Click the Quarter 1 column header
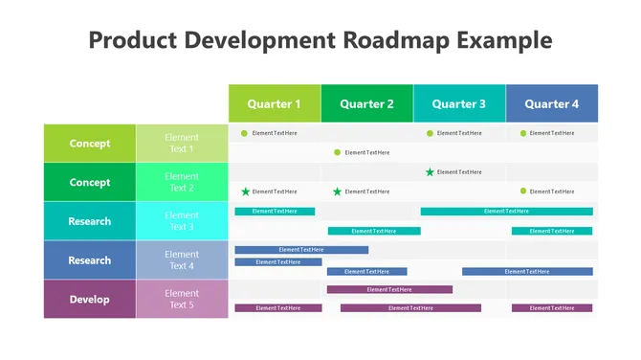pyautogui.click(x=275, y=103)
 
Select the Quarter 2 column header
pyautogui.click(x=367, y=103)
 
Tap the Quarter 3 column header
pyautogui.click(x=459, y=103)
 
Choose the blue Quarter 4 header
pyautogui.click(x=552, y=103)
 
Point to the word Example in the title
pyautogui.click(x=504, y=40)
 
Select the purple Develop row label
pyautogui.click(x=90, y=299)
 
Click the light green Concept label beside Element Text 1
pyautogui.click(x=90, y=144)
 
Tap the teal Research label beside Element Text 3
pyautogui.click(x=90, y=221)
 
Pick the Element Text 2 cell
pyautogui.click(x=182, y=182)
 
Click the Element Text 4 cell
pyautogui.click(x=182, y=260)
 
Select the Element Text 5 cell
pyautogui.click(x=182, y=299)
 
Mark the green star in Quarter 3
pyautogui.click(x=430, y=172)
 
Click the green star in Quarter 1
pyautogui.click(x=245, y=191)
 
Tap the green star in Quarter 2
pyautogui.click(x=337, y=191)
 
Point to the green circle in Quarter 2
pyautogui.click(x=337, y=152)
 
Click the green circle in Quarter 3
pyautogui.click(x=430, y=133)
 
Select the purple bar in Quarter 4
pyautogui.click(x=552, y=308)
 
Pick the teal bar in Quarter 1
pyautogui.click(x=275, y=211)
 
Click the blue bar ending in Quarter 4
pyautogui.click(x=527, y=271)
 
